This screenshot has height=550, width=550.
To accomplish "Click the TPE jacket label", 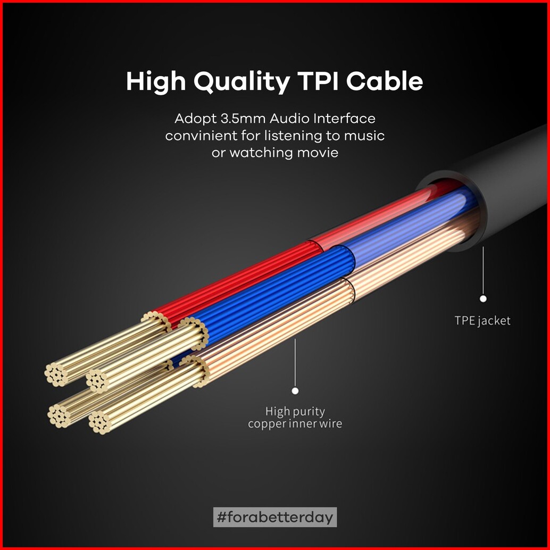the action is tap(482, 320).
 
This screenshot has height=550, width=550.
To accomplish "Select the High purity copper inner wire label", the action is tap(295, 418).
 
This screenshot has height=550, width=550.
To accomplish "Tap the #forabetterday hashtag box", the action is tap(275, 516).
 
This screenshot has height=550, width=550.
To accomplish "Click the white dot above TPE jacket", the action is tap(483, 299).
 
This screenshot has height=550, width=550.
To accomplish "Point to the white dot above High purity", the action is tap(295, 391).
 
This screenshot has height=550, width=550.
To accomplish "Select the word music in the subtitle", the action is tap(364, 136).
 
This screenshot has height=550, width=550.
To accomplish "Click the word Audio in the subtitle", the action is tap(286, 118).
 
